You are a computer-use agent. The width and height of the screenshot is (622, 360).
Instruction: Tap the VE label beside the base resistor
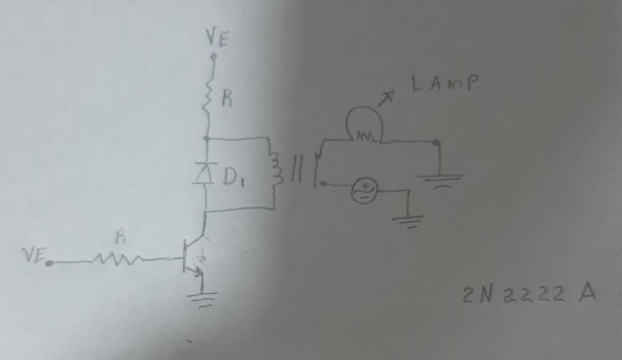(x=35, y=256)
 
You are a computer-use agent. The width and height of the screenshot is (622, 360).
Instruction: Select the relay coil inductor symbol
(x=276, y=169)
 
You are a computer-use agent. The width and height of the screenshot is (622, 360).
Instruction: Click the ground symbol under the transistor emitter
(x=202, y=298)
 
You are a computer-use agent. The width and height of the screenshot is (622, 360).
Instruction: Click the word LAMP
(x=444, y=84)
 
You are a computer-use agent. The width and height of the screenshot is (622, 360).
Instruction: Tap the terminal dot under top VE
(x=213, y=56)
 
